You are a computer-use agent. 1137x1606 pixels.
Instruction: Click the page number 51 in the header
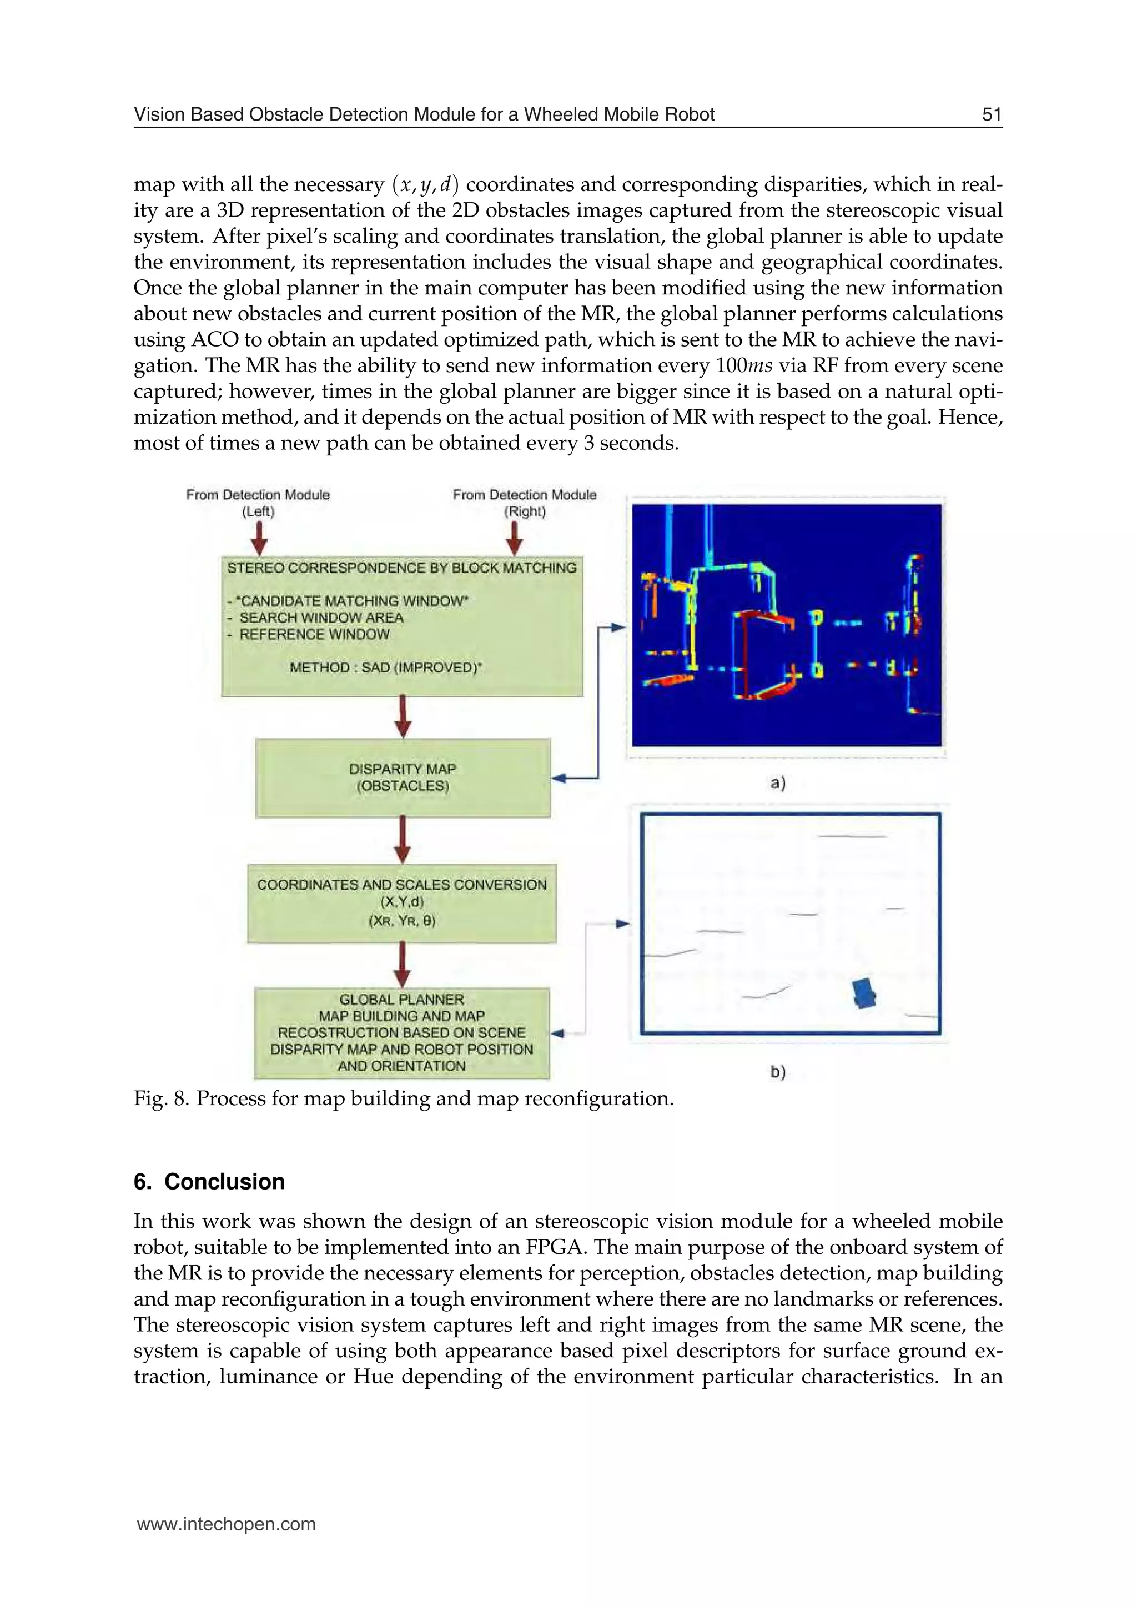click(992, 115)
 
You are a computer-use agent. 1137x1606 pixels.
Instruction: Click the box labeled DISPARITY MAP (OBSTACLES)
click(403, 777)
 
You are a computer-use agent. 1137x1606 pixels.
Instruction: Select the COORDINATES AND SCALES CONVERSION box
click(402, 903)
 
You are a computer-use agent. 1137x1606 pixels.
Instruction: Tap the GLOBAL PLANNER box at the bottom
click(402, 1032)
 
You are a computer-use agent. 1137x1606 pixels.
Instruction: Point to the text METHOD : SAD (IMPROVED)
click(386, 668)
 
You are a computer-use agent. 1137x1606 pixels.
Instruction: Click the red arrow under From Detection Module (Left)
click(259, 539)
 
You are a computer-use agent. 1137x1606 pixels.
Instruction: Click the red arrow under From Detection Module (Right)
click(515, 539)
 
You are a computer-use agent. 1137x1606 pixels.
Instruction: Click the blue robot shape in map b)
click(866, 992)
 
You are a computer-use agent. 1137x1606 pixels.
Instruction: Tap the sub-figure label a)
click(778, 783)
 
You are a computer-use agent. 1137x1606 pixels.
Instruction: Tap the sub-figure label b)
click(778, 1072)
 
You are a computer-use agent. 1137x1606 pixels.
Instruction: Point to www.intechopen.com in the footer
click(226, 1524)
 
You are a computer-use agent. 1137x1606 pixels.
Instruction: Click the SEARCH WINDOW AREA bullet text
click(321, 618)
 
